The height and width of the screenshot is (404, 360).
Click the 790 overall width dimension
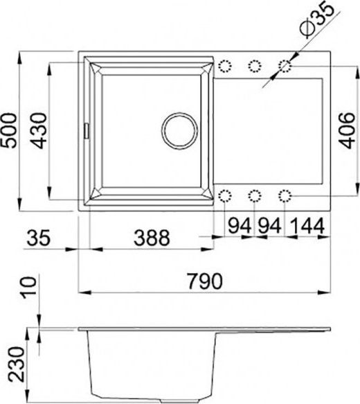coord(204,281)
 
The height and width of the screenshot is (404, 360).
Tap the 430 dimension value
coord(39,131)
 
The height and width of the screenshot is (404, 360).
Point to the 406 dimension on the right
coord(347,131)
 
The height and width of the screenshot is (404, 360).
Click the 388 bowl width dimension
coord(152,237)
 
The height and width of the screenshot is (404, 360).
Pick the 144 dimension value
coord(307,226)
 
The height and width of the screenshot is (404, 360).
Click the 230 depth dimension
coord(16,365)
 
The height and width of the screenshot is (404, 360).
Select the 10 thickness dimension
coord(29,288)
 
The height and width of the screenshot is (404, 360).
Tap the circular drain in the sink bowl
coord(179,131)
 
